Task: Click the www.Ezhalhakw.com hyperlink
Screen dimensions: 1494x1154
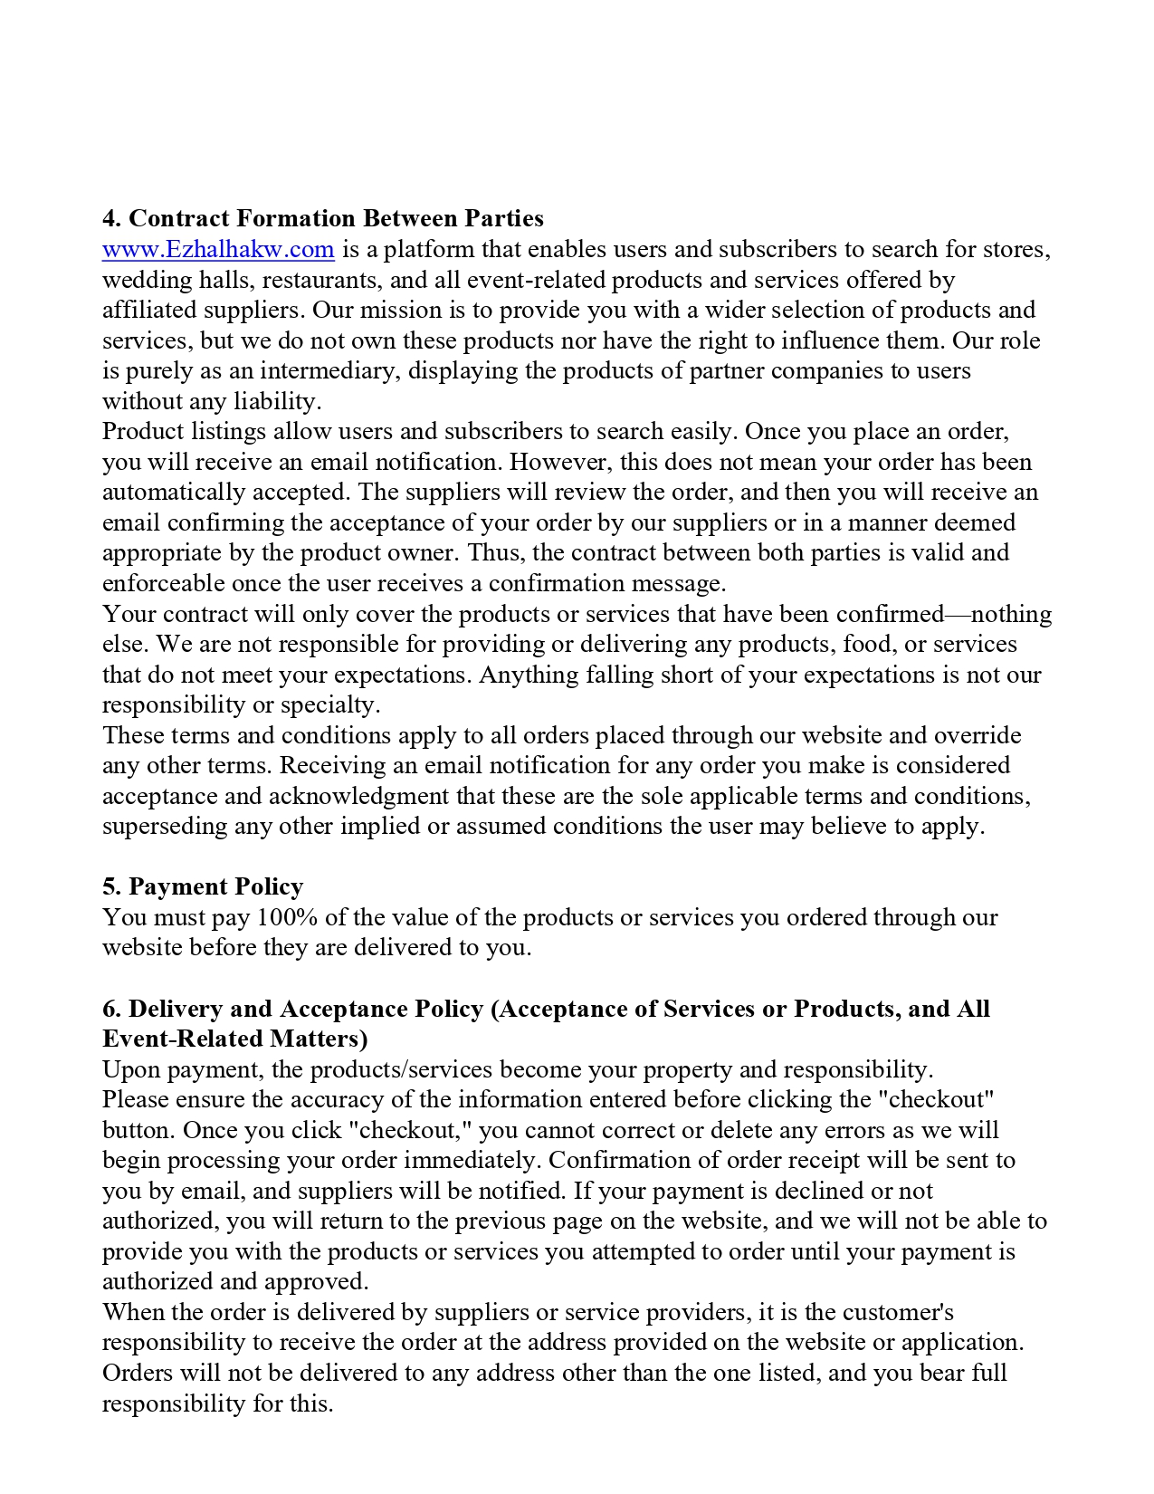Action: [218, 249]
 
